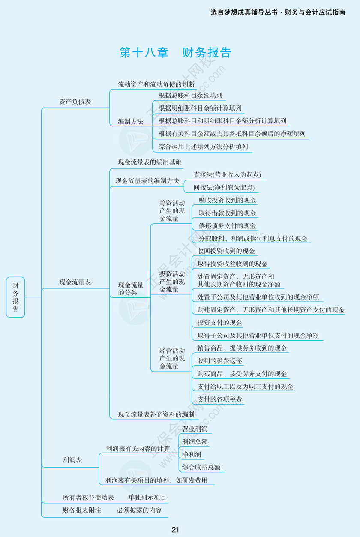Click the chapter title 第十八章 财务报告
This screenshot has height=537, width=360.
175,52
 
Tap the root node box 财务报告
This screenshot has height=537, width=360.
15,297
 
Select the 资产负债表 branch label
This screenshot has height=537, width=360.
75,102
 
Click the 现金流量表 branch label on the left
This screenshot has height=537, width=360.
75,282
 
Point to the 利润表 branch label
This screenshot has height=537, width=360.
72,460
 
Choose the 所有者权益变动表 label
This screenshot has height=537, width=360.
88,498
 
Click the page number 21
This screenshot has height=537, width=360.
175,530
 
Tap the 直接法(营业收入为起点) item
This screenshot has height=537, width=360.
227,175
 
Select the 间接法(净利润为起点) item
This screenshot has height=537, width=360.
224,188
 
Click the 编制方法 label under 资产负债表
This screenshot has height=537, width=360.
131,121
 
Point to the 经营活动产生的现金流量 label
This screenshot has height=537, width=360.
172,358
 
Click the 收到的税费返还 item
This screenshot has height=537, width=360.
220,361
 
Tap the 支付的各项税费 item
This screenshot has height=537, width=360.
220,399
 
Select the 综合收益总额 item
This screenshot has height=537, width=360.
201,467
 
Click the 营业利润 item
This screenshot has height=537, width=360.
195,429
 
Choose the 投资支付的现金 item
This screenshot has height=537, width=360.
220,323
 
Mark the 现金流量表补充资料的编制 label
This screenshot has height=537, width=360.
156,414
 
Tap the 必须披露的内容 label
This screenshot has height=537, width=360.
139,510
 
